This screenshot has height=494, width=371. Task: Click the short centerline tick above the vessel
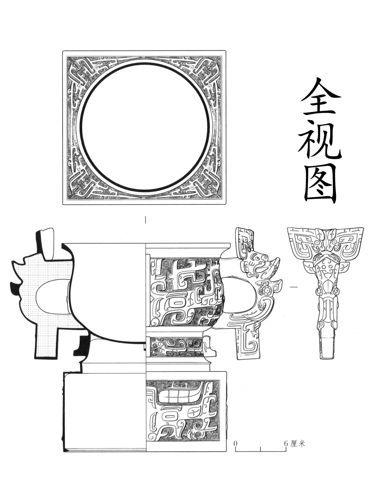pyautogui.click(x=146, y=220)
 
